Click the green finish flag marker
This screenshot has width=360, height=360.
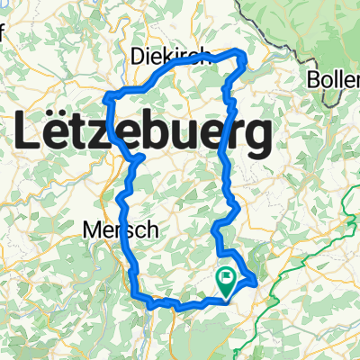point(226,283)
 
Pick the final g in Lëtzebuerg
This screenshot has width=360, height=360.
point(257,140)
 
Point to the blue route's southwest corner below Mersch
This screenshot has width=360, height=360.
point(137,293)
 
